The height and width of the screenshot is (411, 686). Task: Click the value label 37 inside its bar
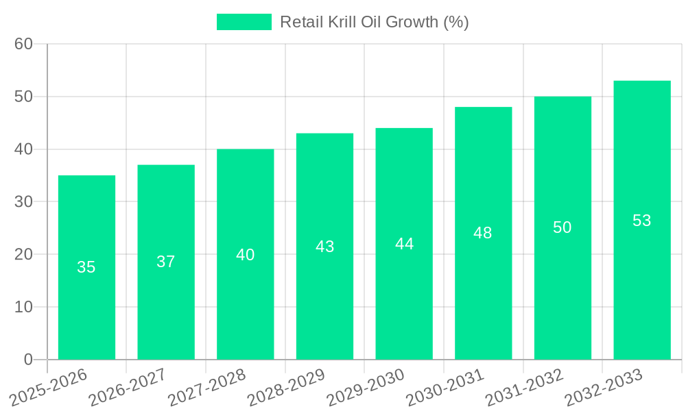pos(166,262)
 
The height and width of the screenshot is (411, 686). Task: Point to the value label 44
pos(404,244)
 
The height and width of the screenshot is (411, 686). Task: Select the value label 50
pos(563,227)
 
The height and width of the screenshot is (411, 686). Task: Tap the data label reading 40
pos(245,255)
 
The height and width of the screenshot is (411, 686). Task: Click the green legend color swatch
pos(244,22)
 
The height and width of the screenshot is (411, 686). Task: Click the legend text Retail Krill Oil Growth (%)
pos(374,22)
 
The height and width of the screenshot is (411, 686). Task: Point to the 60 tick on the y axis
pos(24,44)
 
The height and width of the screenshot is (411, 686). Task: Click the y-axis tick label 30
pos(24,201)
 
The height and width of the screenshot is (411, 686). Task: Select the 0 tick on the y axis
pos(28,360)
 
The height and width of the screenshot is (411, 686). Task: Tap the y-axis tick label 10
pos(24,307)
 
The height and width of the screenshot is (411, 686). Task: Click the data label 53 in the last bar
pos(641,221)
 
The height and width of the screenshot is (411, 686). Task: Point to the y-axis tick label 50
pos(24,97)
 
